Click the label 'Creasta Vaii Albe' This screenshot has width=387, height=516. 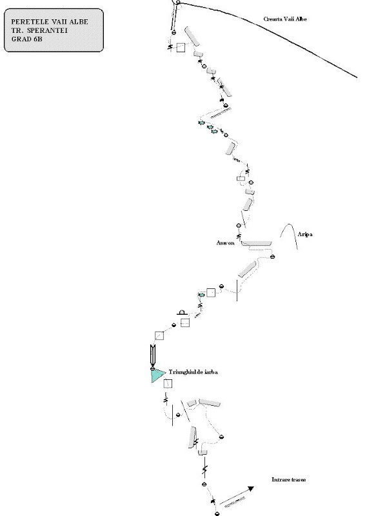(285, 19)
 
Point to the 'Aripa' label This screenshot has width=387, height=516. (305, 236)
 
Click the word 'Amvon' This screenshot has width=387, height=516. (226, 243)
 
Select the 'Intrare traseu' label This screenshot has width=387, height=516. (289, 481)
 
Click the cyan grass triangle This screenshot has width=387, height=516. (156, 375)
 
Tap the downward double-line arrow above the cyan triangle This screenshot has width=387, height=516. (152, 355)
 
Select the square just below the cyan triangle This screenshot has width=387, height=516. (168, 384)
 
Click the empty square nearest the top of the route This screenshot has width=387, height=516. (181, 47)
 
